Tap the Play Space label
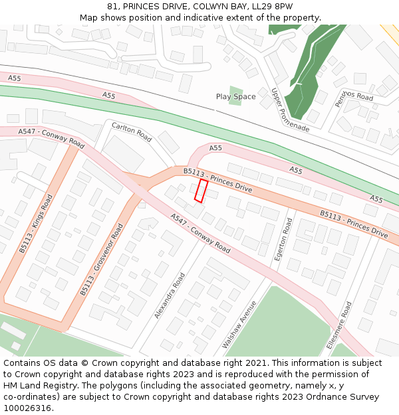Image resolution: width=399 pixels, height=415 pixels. coord(235,97)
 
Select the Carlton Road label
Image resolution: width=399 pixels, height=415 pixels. coord(132,132)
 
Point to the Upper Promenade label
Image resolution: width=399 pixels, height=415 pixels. coord(290,110)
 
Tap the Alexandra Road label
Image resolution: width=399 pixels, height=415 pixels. coord(170,295)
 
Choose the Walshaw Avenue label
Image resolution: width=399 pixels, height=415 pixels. coord(239,325)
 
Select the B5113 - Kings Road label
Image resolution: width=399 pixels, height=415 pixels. coord(35,224)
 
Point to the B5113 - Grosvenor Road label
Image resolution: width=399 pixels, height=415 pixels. coord(102,260)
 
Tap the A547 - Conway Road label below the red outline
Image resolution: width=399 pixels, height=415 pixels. coord(200,233)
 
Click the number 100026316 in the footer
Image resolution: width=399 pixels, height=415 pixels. coord(28,408)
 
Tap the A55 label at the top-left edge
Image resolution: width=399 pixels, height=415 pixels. coord(15,78)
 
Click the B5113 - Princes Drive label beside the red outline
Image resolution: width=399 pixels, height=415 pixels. coord(217,181)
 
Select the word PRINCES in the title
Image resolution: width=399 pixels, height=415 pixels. coord(143,7)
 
